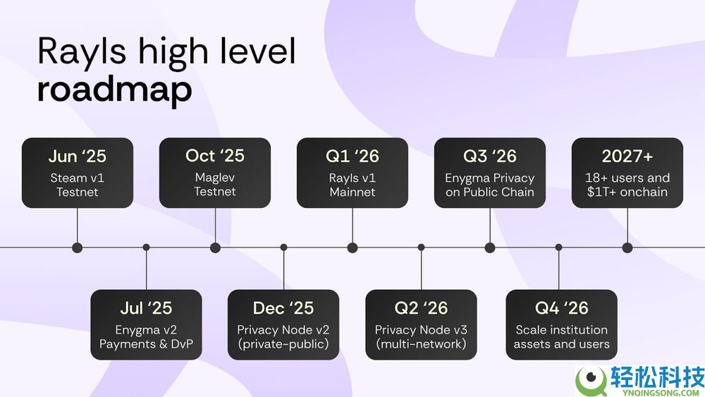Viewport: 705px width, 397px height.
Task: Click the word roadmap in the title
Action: pos(115,90)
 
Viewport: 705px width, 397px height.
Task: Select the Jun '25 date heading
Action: pos(78,156)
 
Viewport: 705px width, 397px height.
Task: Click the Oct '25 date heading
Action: pos(215,156)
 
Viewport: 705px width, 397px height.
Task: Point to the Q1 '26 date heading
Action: pos(352,156)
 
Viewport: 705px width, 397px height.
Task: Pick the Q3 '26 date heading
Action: pos(490,156)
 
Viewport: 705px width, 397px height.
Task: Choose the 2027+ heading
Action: pos(627,156)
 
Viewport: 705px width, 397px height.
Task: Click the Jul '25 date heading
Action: pos(146,308)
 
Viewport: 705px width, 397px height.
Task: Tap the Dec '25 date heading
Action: pos(283,308)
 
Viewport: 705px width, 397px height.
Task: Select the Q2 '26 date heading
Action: pos(422,308)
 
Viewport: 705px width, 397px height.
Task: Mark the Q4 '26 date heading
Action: pos(562,308)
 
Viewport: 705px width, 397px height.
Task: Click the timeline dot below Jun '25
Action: pos(78,248)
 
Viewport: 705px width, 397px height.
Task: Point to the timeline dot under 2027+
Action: pos(627,248)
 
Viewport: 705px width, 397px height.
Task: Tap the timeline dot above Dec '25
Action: pos(283,248)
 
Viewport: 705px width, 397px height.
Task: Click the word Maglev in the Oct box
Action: pos(215,178)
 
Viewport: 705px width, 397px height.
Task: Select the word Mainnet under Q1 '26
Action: pos(352,192)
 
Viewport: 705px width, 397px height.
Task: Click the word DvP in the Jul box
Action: pos(182,344)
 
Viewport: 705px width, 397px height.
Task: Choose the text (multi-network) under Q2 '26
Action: pos(422,344)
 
